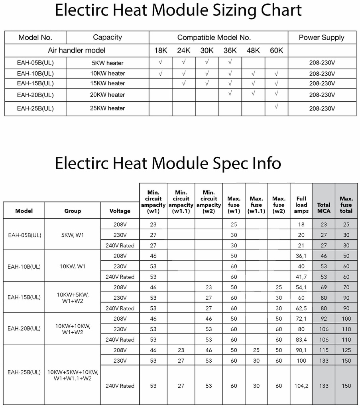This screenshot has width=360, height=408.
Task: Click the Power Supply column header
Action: pyautogui.click(x=321, y=37)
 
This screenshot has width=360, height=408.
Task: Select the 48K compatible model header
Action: pyautogui.click(x=253, y=51)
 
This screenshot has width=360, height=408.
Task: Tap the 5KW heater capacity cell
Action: pyautogui.click(x=107, y=63)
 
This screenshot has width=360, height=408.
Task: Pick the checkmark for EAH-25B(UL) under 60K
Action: pyautogui.click(x=276, y=107)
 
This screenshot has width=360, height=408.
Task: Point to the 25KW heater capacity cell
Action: pyautogui.click(x=107, y=108)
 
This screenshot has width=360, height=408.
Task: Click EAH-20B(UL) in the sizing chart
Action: pyautogui.click(x=35, y=95)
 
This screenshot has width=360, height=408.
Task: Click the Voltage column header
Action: pyautogui.click(x=120, y=211)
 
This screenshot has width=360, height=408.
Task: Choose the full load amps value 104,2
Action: pyautogui.click(x=301, y=386)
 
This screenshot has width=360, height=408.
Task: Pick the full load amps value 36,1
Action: pyautogui.click(x=301, y=256)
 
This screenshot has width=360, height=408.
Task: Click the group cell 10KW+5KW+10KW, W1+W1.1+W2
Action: pyautogui.click(x=72, y=375)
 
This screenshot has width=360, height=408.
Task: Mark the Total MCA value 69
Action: pyautogui.click(x=324, y=287)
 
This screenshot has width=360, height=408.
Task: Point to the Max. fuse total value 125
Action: pyautogui.click(x=346, y=350)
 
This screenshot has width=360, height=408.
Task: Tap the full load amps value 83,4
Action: pyautogui.click(x=301, y=339)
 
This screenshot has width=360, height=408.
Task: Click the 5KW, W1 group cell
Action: pyautogui.click(x=72, y=235)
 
